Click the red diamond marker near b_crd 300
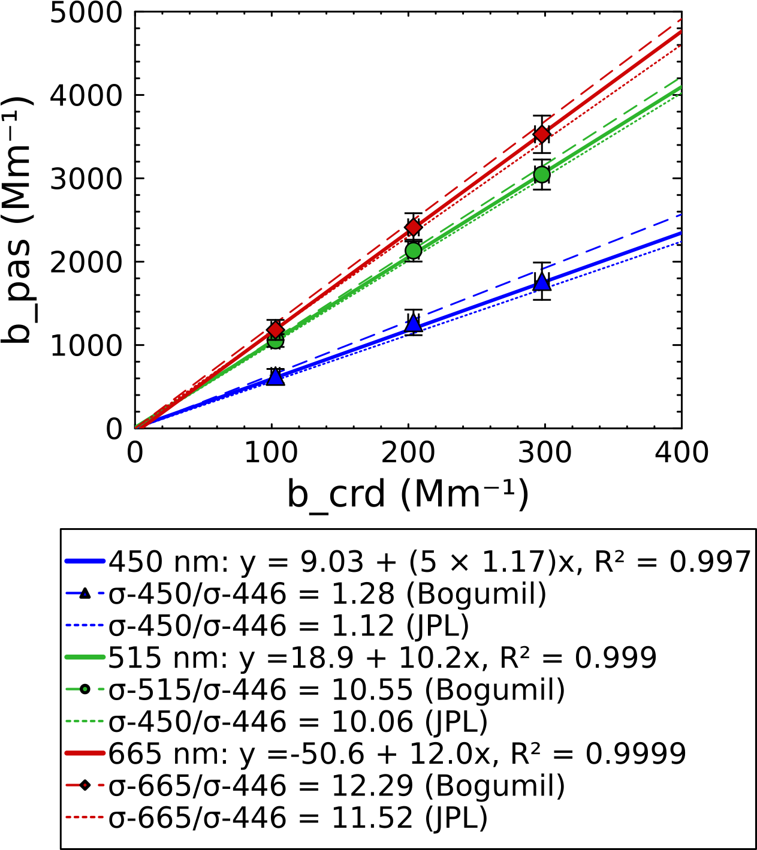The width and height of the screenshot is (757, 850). [542, 134]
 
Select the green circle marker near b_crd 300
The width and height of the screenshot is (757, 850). [542, 174]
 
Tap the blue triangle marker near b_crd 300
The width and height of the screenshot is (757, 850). [542, 282]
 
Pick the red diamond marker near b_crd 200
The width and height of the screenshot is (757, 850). [413, 227]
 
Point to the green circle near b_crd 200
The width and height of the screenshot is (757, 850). [413, 251]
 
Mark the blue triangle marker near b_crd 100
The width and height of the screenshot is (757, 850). [275, 376]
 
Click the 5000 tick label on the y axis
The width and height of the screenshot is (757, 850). [86, 13]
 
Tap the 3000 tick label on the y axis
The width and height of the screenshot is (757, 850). [86, 179]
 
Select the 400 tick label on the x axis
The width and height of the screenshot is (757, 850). [681, 453]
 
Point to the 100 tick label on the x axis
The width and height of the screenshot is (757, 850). [272, 453]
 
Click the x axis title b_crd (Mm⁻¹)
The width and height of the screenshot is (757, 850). [408, 495]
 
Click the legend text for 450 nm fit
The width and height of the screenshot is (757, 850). [429, 562]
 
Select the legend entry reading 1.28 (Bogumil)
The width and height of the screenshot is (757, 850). [327, 594]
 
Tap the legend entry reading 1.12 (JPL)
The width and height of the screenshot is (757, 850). [288, 626]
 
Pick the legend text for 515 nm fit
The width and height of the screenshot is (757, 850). [382, 658]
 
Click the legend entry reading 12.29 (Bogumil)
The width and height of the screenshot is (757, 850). [336, 786]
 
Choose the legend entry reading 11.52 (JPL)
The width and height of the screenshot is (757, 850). [298, 818]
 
